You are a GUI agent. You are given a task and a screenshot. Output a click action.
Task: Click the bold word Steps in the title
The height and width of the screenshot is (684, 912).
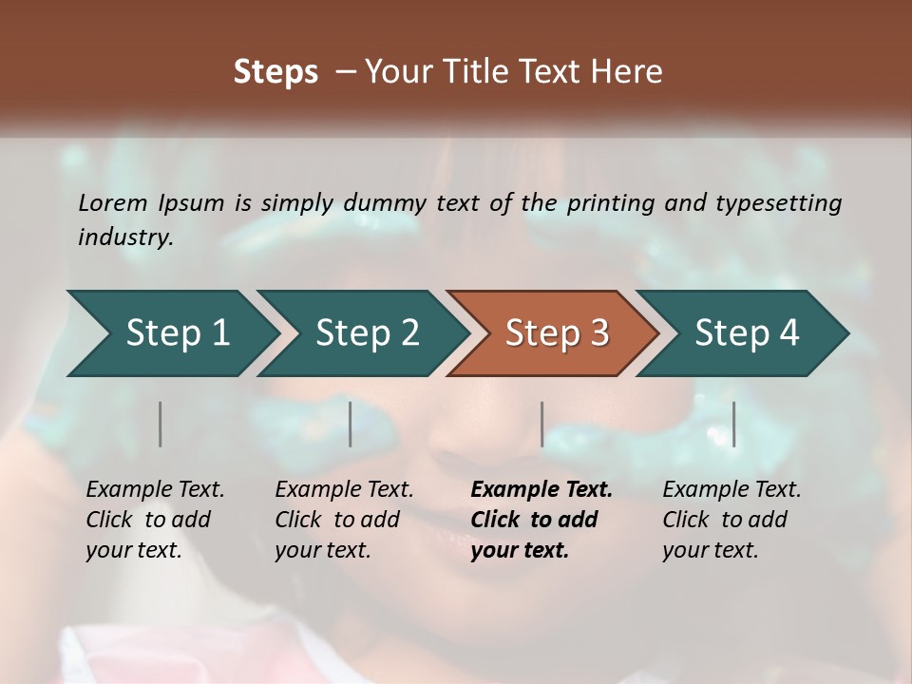[275, 72]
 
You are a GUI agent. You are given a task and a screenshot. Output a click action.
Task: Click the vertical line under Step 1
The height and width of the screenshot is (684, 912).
[161, 424]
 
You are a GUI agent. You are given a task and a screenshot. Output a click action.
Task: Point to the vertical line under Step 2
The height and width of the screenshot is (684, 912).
[351, 424]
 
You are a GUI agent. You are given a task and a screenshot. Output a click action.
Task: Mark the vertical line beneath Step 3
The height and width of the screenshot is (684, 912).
[542, 424]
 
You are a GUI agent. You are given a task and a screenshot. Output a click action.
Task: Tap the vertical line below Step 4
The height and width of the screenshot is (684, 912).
[734, 424]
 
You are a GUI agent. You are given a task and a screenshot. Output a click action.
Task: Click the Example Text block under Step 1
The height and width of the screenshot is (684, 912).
[155, 520]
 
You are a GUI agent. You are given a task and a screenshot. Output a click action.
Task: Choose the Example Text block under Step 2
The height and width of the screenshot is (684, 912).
[344, 520]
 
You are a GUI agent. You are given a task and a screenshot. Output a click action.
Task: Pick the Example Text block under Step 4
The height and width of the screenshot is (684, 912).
[731, 520]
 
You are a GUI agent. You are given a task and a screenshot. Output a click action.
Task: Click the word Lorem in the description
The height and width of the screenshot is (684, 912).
[113, 202]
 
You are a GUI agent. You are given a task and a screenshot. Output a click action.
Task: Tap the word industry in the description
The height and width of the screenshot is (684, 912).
[124, 237]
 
